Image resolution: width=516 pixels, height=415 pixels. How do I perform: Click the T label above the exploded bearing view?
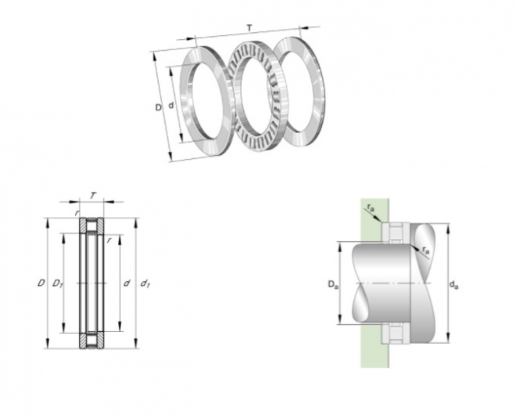[249, 29]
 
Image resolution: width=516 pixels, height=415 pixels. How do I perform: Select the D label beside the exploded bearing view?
[159, 107]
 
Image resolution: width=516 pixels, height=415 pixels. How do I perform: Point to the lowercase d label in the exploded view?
[170, 106]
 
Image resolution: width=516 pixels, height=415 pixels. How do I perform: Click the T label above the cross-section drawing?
[93, 196]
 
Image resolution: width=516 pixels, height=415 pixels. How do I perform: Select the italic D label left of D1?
[41, 283]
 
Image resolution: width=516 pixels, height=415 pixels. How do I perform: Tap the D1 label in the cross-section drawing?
[58, 283]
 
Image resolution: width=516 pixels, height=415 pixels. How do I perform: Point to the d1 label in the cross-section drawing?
[145, 283]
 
